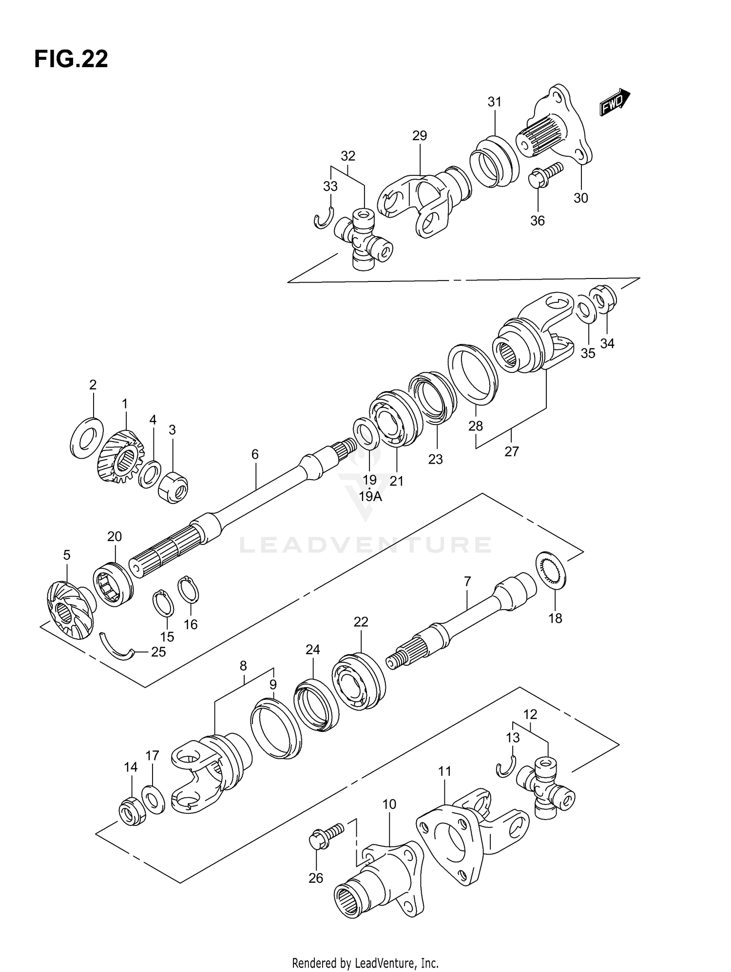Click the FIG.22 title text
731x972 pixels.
pos(71,59)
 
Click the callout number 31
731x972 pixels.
pos(494,102)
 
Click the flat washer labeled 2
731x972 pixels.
pos(87,437)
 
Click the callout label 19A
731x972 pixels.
pos(370,496)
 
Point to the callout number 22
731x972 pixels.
pos(361,621)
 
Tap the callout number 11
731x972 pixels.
pos(444,771)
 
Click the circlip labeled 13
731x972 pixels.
pos(506,768)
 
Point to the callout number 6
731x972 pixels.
pos(255,454)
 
